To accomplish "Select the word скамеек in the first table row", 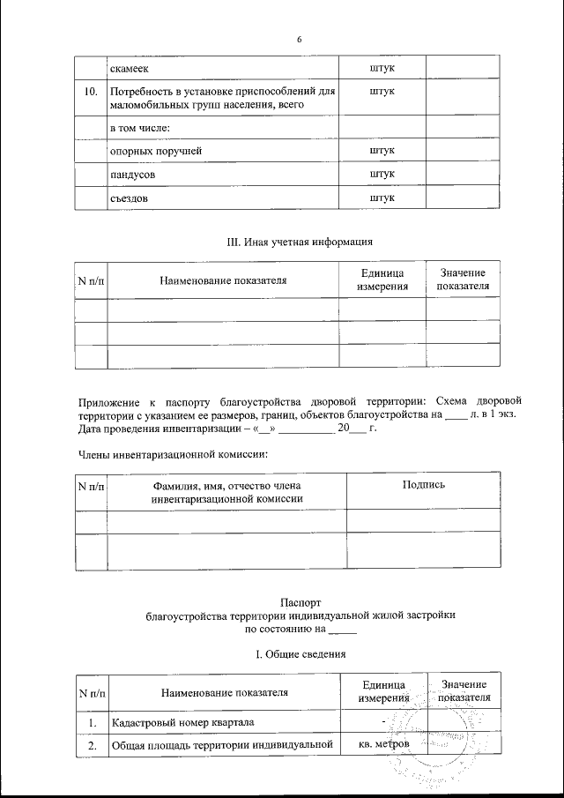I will point(130,67).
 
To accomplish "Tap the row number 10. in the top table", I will point(90,92).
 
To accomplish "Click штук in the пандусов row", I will point(382,175).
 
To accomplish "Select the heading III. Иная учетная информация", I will point(298,241).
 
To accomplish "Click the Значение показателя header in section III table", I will point(463,280).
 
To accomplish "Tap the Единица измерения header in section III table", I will point(382,280).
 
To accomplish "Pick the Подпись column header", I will point(423,484).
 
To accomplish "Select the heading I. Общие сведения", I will point(300,654).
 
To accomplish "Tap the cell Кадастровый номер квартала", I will point(182,724).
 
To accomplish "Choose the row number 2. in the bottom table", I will point(90,746).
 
